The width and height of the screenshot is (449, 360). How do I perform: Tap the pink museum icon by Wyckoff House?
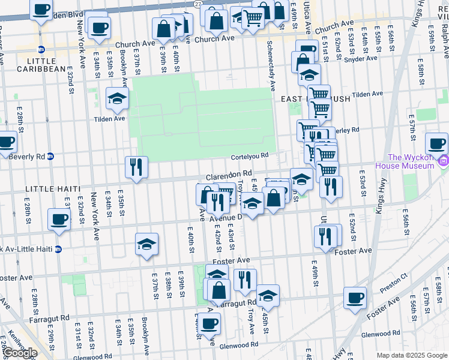[x=443, y=160]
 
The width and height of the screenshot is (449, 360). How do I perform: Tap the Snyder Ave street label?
[x=363, y=58]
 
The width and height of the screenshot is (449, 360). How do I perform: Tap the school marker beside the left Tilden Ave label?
[x=117, y=98]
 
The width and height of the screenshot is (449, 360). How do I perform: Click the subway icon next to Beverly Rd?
[x=50, y=156]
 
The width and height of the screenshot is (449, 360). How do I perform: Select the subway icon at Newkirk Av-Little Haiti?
[x=58, y=249]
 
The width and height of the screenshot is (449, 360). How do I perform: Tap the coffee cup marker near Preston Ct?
[x=355, y=297]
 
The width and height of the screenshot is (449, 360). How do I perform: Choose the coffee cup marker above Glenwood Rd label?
[x=209, y=324]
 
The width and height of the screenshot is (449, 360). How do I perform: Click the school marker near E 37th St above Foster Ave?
[x=146, y=244]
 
